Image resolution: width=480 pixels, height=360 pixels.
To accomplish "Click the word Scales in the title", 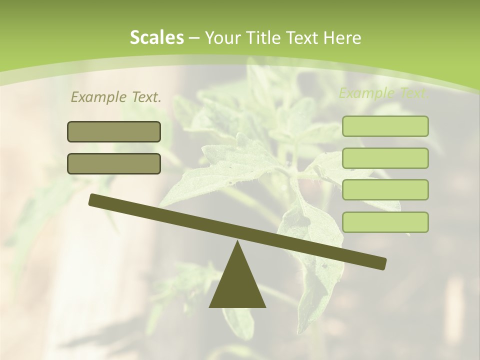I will [x=156, y=38].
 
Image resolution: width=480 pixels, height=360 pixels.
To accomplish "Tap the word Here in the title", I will [x=342, y=38].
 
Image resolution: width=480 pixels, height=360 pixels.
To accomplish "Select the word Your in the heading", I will [x=221, y=38].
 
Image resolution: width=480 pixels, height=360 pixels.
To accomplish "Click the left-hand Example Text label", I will [x=115, y=97].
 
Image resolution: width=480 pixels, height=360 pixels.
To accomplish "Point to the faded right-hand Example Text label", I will [x=383, y=93].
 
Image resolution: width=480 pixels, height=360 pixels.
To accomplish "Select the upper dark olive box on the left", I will [x=114, y=132].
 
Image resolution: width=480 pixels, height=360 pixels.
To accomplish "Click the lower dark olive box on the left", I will [x=114, y=163].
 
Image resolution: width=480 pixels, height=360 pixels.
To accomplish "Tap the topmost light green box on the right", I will [x=385, y=126].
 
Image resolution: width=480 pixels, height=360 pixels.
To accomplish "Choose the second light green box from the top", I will [x=385, y=158].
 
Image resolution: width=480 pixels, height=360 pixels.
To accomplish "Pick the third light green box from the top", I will [x=385, y=190].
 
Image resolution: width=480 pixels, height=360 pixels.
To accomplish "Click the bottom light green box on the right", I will [x=385, y=222].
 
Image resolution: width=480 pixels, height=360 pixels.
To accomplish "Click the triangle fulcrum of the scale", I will [x=237, y=282].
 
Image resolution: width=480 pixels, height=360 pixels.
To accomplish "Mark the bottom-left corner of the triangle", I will [x=210, y=306].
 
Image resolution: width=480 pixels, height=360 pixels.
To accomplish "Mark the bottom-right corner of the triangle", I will [x=265, y=306].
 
